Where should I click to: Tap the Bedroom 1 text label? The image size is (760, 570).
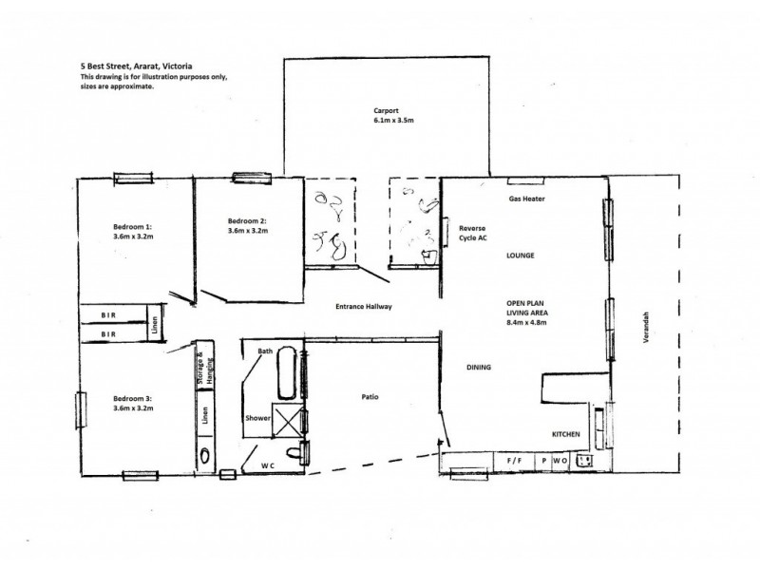tap(133, 227)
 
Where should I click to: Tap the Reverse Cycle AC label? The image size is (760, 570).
tap(472, 234)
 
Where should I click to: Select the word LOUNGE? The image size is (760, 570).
tap(521, 256)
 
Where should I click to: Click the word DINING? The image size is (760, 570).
tap(479, 368)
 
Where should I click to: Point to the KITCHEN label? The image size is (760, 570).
tap(566, 435)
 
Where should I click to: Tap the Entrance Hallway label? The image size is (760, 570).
tap(364, 307)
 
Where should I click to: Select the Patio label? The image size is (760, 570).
tap(370, 396)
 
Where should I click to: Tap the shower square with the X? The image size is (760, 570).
tap(288, 421)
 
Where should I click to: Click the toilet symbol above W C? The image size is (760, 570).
tap(304, 453)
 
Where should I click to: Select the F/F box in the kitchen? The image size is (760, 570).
tap(514, 461)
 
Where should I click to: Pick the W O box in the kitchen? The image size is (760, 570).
tap(560, 461)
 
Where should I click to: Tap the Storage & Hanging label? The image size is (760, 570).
tap(202, 366)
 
